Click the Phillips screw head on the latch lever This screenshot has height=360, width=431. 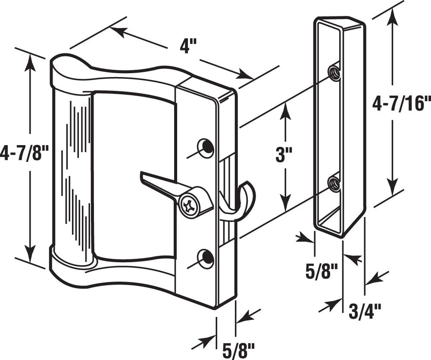click(x=190, y=204)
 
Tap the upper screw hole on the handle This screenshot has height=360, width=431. click(x=206, y=147)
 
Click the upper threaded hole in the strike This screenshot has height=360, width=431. click(x=334, y=73)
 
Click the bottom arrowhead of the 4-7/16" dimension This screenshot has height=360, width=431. click(x=392, y=189)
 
